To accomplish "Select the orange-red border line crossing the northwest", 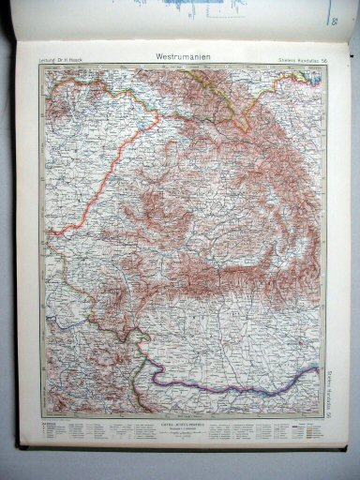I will coord(94,187).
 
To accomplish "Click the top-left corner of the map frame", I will coord(39,68).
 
